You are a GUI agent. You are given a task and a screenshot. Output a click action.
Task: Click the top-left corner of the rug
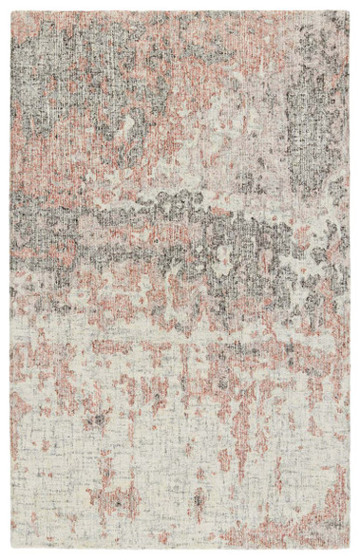(12, 12)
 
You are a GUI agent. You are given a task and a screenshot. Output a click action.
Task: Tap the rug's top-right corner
(349, 11)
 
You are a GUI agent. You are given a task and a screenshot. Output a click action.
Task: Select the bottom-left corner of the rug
(11, 548)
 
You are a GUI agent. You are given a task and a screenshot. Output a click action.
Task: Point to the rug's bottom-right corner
(349, 549)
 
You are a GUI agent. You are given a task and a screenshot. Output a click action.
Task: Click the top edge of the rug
(180, 11)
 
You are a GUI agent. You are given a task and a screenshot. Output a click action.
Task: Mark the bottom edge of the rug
(180, 548)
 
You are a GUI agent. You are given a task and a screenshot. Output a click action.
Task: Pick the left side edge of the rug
(11, 285)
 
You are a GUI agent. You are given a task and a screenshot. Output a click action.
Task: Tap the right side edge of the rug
(349, 285)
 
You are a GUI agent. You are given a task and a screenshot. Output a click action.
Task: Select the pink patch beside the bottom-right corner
(328, 522)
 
